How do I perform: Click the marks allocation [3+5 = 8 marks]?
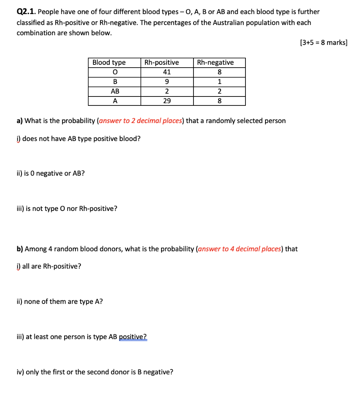[324, 43]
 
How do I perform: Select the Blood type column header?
[109, 62]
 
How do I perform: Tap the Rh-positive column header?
[161, 62]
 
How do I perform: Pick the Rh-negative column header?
[215, 62]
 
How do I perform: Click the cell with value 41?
[167, 72]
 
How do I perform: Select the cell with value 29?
[167, 101]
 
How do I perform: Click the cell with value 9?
[167, 82]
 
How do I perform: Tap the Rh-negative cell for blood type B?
[219, 82]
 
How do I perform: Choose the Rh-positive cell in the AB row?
[167, 91]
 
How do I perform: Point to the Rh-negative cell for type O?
[219, 72]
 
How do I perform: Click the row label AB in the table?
[115, 91]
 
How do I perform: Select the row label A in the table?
[115, 101]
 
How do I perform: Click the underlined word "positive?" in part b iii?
[133, 337]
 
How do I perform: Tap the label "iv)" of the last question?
[20, 372]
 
